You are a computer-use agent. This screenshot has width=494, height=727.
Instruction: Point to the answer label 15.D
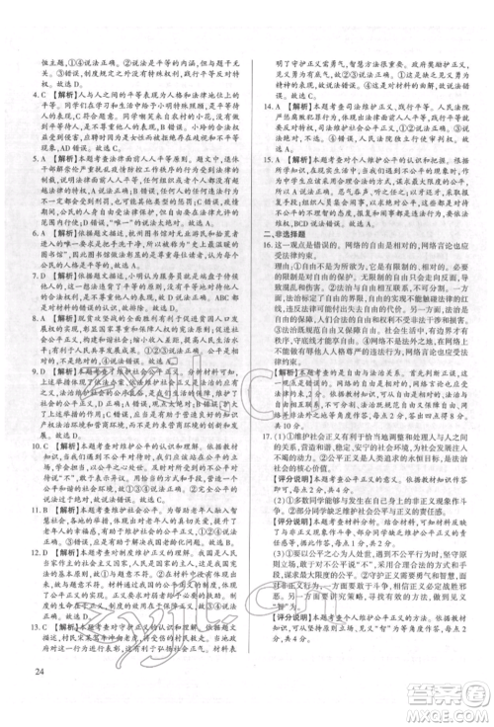(264, 155)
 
